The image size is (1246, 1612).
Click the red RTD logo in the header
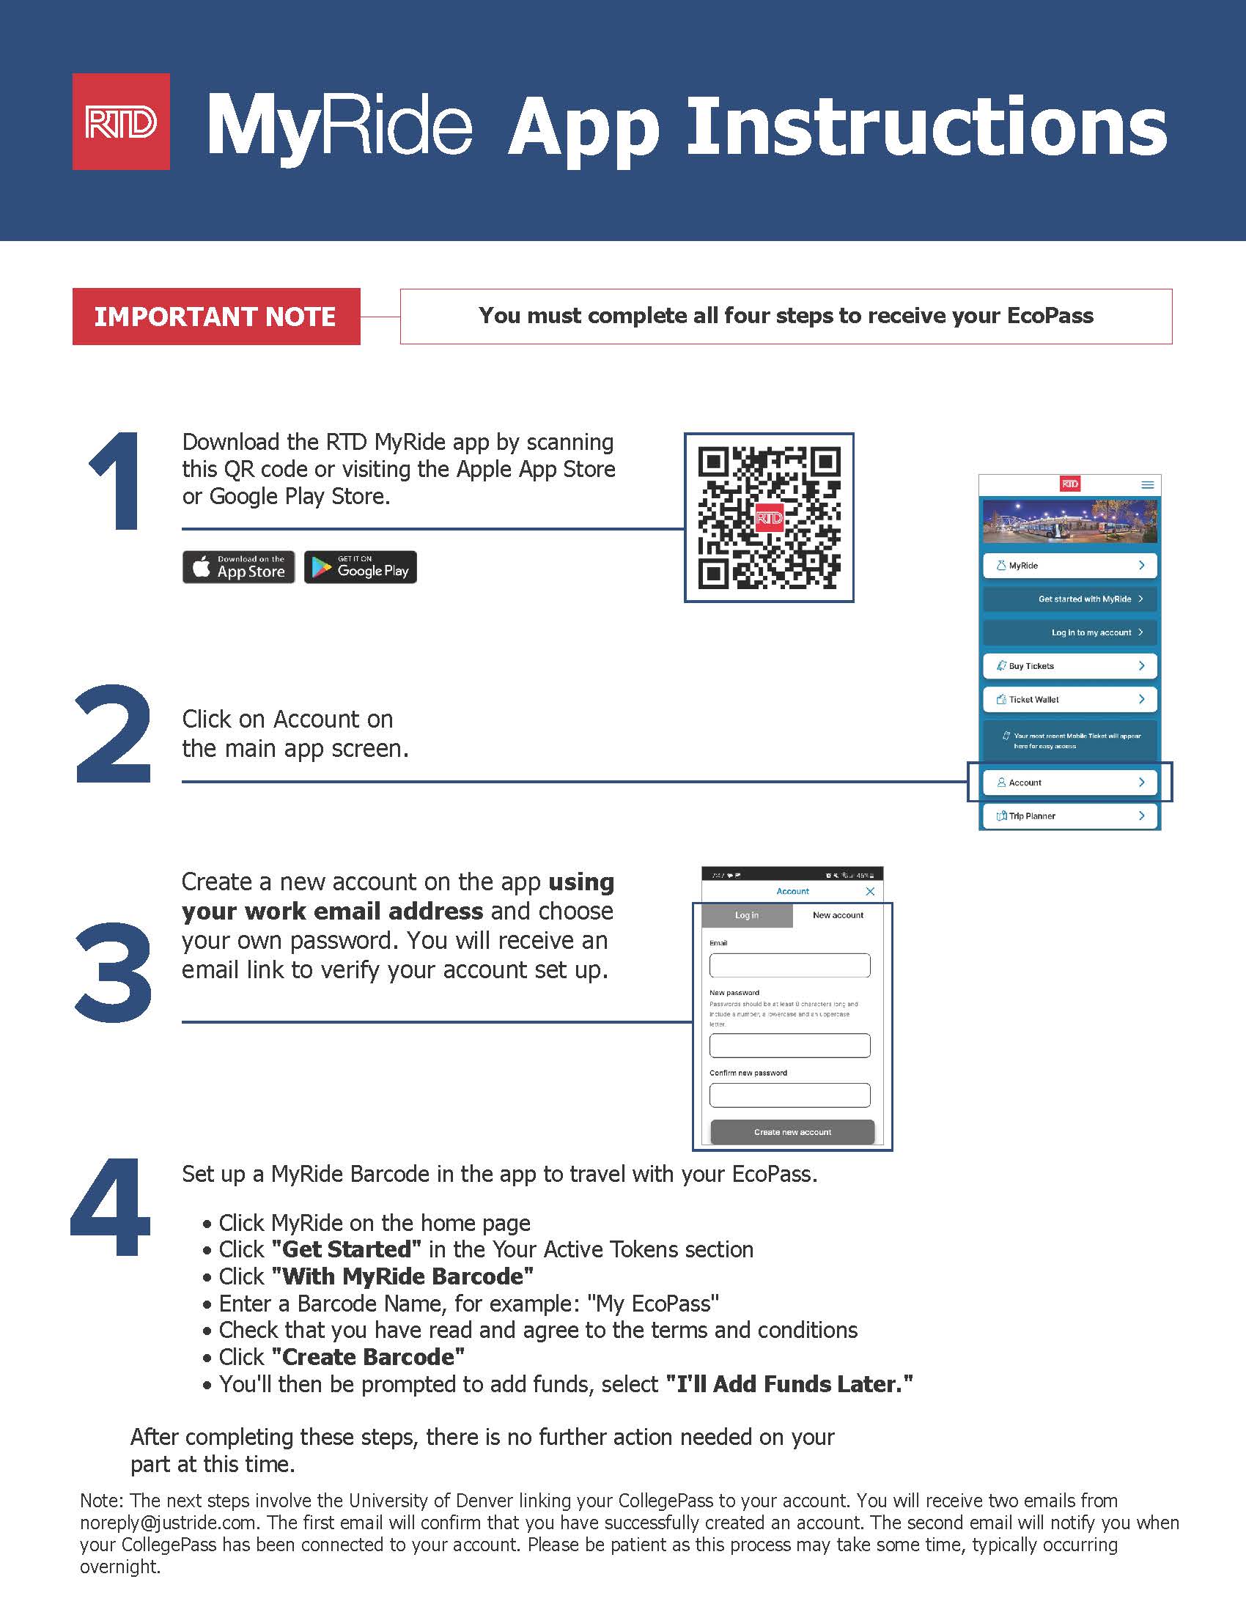(x=121, y=122)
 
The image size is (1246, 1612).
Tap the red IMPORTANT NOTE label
(x=215, y=317)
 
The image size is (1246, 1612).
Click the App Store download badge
(x=238, y=567)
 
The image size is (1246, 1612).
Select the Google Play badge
(x=360, y=567)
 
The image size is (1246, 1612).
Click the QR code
(x=768, y=517)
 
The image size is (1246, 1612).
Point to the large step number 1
(x=117, y=481)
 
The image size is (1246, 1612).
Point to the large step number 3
(x=114, y=972)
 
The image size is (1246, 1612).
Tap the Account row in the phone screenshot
(x=1069, y=783)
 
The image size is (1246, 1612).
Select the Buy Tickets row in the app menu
(x=1069, y=666)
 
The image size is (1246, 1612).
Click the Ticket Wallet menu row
(x=1069, y=699)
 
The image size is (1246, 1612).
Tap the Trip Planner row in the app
(x=1069, y=816)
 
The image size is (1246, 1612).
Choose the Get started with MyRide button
(x=1069, y=599)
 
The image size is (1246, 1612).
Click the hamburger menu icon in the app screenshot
(x=1147, y=485)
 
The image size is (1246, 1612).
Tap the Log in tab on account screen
(x=746, y=915)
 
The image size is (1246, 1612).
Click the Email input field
(x=789, y=965)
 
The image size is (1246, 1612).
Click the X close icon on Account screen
(x=869, y=892)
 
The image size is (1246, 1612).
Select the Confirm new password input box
(x=789, y=1095)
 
